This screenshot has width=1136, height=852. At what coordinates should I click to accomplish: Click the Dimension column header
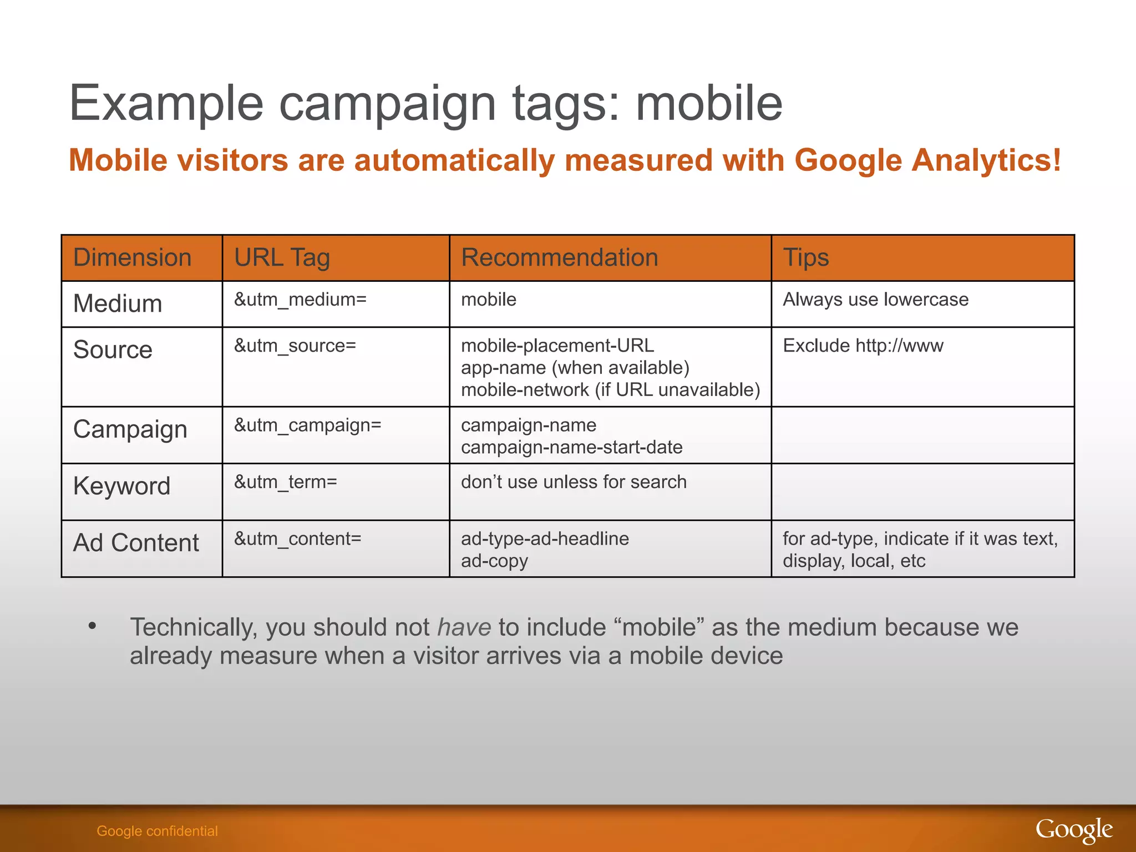tap(132, 258)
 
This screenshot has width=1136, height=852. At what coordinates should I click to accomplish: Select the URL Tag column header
tap(282, 258)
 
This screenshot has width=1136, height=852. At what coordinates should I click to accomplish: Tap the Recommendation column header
tap(559, 258)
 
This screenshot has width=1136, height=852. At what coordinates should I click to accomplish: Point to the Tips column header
tap(805, 258)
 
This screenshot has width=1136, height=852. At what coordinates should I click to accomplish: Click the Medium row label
tap(118, 304)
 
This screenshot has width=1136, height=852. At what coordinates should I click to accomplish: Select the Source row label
tap(113, 350)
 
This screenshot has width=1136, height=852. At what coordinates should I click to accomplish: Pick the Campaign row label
tap(130, 430)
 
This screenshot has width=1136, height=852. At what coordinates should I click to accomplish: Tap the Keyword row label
tap(121, 486)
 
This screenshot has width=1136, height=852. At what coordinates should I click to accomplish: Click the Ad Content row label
tap(136, 543)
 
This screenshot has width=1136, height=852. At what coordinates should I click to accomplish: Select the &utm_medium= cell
tap(300, 300)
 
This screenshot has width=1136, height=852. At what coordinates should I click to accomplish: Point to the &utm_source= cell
tap(295, 346)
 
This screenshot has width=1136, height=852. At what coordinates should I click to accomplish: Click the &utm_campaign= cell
tap(307, 425)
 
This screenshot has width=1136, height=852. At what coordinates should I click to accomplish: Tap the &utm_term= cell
tap(285, 482)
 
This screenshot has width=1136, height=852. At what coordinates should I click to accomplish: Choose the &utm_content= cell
tap(297, 539)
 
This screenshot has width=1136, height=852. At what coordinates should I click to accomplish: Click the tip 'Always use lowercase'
tap(875, 300)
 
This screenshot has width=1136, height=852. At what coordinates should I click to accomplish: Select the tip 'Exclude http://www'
tap(863, 346)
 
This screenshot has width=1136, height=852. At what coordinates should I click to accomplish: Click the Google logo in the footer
tap(1074, 830)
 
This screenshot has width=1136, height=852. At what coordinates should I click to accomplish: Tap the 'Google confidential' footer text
tap(157, 831)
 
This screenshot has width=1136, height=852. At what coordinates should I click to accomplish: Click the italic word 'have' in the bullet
tap(464, 627)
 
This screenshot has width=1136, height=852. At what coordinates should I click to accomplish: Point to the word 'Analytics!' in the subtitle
tap(986, 160)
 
